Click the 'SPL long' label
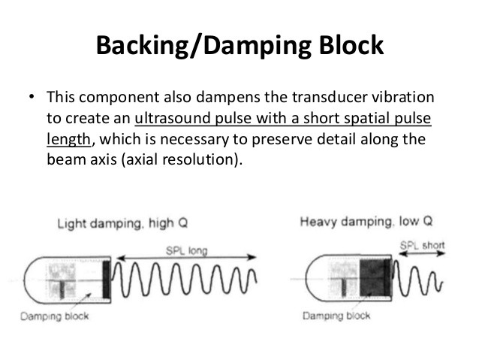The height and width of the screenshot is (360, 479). point(183,250)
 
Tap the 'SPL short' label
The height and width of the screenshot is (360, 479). point(422,244)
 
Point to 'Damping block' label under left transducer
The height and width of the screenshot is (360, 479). point(59,316)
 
